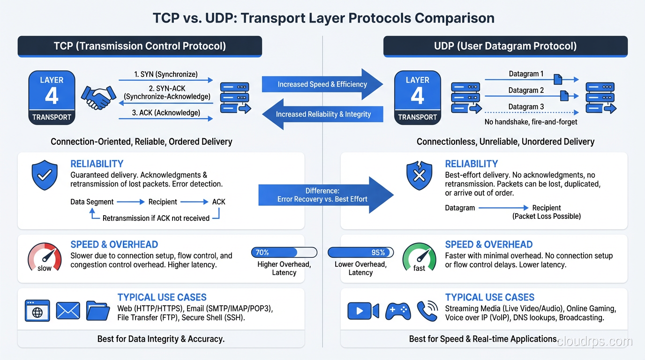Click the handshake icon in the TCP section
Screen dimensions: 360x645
[98, 97]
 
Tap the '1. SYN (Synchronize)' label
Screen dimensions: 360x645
[165, 74]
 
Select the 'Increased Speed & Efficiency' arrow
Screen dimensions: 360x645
[322, 84]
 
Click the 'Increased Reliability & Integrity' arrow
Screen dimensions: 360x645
[322, 114]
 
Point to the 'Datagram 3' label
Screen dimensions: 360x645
[526, 106]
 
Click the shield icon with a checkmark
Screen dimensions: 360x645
[45, 176]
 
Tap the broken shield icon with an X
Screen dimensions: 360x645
[419, 176]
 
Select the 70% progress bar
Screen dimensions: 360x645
[284, 253]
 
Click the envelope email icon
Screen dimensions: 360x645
[68, 311]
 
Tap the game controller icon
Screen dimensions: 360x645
[397, 311]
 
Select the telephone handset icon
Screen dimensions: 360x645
[427, 311]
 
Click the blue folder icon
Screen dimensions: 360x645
[97, 311]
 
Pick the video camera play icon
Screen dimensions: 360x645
[363, 311]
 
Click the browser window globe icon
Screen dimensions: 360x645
[37, 311]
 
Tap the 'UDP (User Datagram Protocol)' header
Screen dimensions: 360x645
[505, 46]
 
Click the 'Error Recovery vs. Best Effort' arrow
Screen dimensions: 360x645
[326, 195]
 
